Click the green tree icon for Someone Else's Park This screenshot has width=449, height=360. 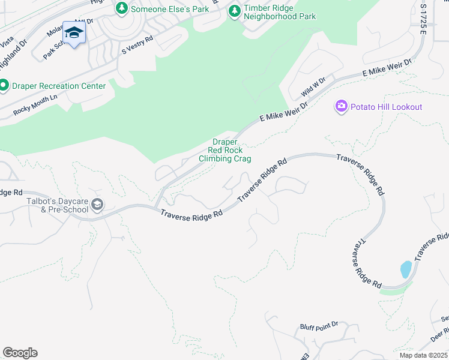122,8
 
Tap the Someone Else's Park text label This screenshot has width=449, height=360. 169,8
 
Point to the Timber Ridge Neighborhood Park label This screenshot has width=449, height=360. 279,13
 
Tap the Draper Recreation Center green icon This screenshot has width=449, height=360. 4,86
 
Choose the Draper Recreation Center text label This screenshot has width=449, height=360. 59,86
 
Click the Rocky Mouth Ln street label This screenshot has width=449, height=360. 35,104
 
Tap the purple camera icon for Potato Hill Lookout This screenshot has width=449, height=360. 342,106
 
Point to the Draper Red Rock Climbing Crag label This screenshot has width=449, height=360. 225,151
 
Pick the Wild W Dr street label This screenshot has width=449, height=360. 313,88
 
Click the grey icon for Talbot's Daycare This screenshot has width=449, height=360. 97,206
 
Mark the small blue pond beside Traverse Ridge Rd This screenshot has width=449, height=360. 406,269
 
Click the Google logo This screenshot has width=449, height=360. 20,353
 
